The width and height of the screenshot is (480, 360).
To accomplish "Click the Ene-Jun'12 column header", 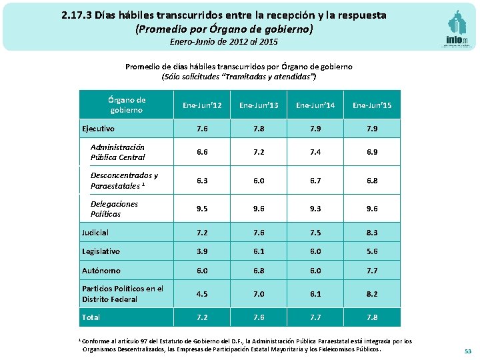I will (201, 105).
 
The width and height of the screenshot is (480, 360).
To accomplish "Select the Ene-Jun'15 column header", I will (372, 105).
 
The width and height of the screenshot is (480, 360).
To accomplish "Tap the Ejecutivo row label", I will (98, 129).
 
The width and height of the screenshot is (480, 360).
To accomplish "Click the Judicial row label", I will (95, 233).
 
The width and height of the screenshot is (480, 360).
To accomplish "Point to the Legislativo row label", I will (101, 251).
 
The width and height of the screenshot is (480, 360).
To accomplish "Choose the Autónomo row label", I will (101, 271).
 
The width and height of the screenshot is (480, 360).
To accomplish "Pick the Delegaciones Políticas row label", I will (114, 209).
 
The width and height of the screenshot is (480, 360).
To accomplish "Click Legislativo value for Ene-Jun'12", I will (201, 251).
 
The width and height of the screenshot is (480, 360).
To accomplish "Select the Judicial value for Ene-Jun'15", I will (372, 233).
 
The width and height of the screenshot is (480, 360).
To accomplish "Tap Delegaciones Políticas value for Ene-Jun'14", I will (315, 209).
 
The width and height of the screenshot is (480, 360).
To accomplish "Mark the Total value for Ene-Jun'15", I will (372, 317).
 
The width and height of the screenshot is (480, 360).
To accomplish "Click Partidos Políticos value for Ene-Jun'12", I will (201, 293).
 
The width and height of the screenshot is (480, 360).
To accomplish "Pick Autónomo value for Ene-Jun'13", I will (258, 271).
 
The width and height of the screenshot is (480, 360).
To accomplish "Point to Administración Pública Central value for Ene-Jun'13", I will (258, 152).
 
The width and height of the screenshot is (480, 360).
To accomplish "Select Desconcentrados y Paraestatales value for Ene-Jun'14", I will (315, 180).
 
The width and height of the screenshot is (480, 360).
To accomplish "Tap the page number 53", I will (467, 351).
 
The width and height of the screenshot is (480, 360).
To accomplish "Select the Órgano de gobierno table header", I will (126, 105).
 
